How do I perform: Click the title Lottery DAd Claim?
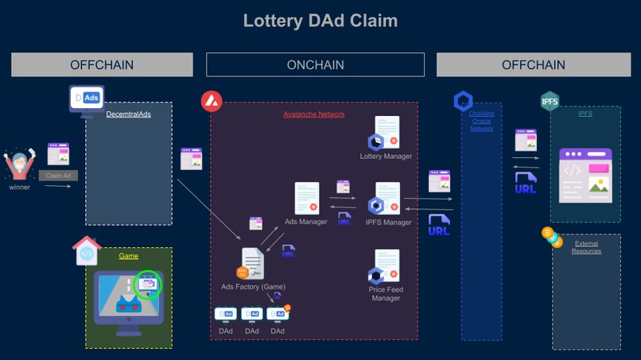pos(320,21)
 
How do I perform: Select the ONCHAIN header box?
pos(315,64)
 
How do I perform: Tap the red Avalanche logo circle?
pos(211,101)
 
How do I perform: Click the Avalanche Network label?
pos(313,114)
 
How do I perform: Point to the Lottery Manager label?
pos(386,157)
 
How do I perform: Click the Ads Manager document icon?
pos(307,199)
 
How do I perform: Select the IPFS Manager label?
pos(388,223)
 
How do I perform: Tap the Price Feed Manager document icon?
pos(387,267)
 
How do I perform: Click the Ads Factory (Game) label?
pos(253,287)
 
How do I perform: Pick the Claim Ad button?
pos(58,176)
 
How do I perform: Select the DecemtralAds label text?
pos(128,114)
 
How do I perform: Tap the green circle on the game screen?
pos(148,284)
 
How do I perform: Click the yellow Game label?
pos(128,256)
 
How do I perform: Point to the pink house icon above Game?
pos(87,250)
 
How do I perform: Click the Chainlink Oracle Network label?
pos(481,121)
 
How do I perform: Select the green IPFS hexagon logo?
pos(550,101)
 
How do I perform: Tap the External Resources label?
pos(586,247)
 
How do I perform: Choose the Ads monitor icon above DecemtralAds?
pos(86,99)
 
